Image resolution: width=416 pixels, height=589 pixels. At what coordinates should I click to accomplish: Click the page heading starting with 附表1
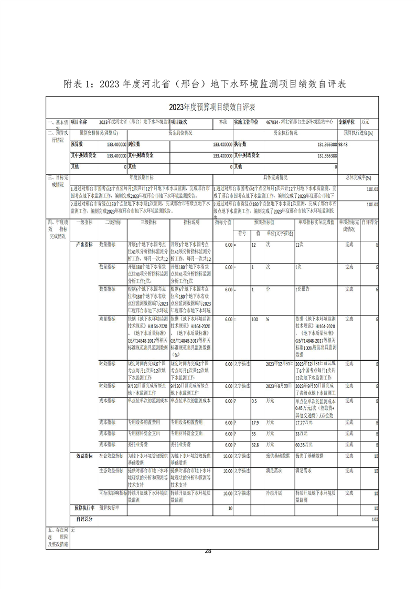[208, 84]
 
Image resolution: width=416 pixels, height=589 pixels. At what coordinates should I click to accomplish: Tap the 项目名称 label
[79, 121]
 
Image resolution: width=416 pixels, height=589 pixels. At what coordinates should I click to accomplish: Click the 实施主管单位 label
[246, 121]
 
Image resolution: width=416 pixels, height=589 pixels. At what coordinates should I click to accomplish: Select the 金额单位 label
[353, 121]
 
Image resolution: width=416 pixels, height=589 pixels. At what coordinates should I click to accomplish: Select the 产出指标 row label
[85, 245]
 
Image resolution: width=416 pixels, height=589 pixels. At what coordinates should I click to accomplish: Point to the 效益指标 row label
[85, 456]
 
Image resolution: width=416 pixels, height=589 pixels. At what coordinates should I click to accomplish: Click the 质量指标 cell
[107, 319]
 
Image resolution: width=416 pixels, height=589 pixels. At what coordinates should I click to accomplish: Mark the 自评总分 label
[84, 519]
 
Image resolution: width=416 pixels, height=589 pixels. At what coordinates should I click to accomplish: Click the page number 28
[208, 551]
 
